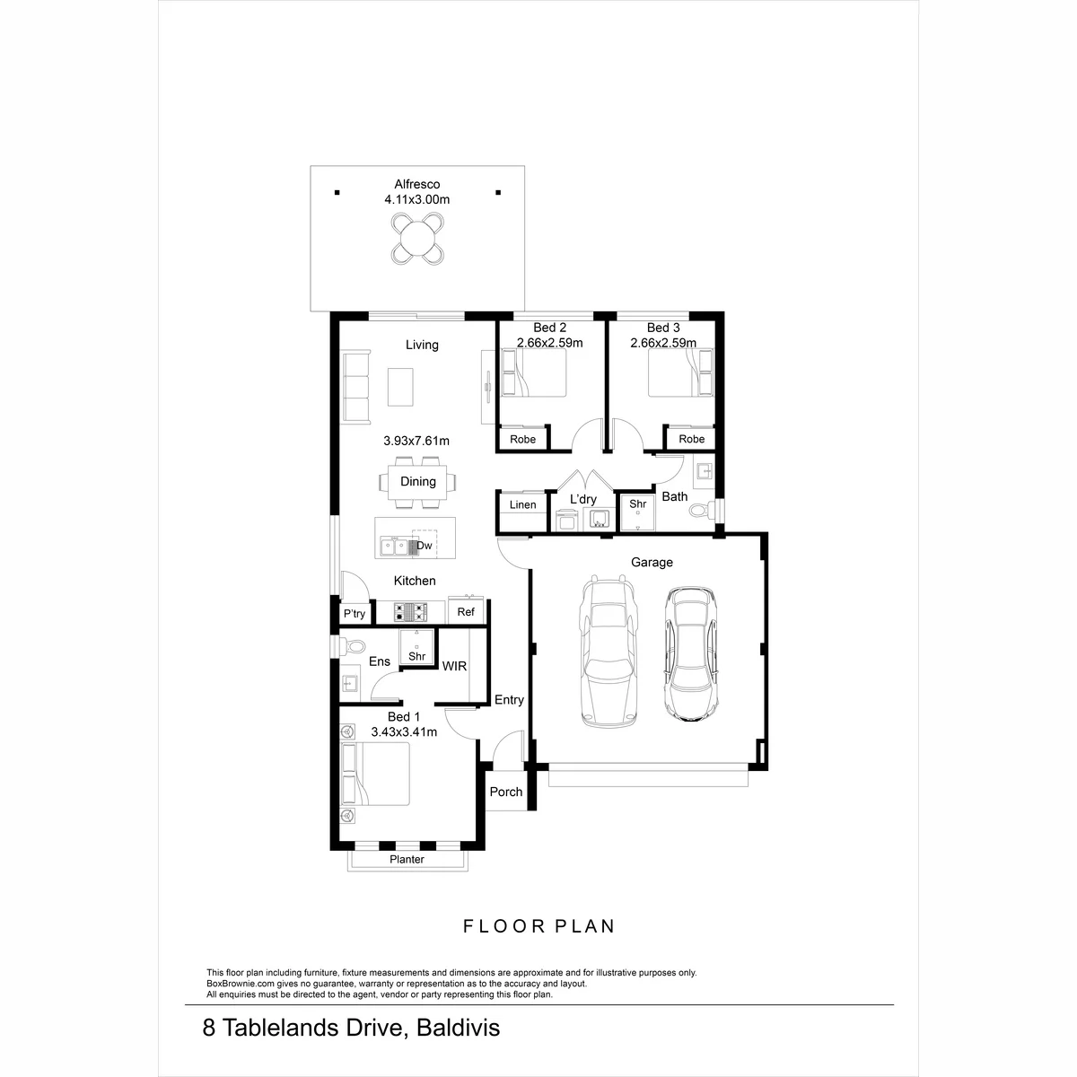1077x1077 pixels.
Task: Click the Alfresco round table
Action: [x=417, y=239]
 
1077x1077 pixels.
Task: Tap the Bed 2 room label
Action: [x=549, y=328]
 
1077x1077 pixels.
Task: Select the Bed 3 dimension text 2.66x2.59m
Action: [x=663, y=343]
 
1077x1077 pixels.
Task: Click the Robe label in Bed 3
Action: [x=691, y=439]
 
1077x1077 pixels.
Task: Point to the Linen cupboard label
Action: [x=522, y=504]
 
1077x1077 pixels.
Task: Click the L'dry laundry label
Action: [x=583, y=499]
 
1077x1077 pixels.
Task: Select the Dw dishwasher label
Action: [x=425, y=546]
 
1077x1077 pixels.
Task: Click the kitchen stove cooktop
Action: [x=410, y=612]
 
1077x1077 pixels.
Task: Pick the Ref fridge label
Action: [x=466, y=612]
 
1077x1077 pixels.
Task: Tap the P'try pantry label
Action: [x=355, y=614]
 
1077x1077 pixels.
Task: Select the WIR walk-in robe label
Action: [x=454, y=666]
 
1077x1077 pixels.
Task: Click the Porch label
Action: [x=506, y=792]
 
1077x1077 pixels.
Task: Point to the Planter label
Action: [x=407, y=860]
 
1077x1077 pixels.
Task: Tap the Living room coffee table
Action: [x=400, y=387]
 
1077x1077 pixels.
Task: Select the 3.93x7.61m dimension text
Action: [x=416, y=441]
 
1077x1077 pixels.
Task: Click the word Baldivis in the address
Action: [x=459, y=1028]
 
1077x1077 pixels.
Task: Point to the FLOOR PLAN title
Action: [x=538, y=926]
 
